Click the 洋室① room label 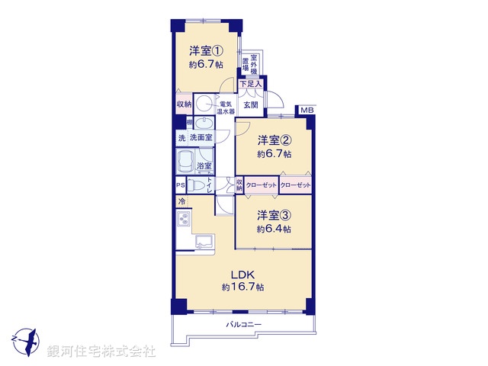coord(206,52)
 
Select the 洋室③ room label coord(272,215)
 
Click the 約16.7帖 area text coord(242,287)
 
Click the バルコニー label coord(244,324)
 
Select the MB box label coord(306,111)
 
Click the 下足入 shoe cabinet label coord(251,84)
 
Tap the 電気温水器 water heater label coord(225,108)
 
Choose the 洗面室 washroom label coord(201,138)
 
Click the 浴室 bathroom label coord(204,166)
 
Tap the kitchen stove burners coord(184,220)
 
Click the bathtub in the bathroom coord(186,161)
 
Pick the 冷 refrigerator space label coord(181,201)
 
